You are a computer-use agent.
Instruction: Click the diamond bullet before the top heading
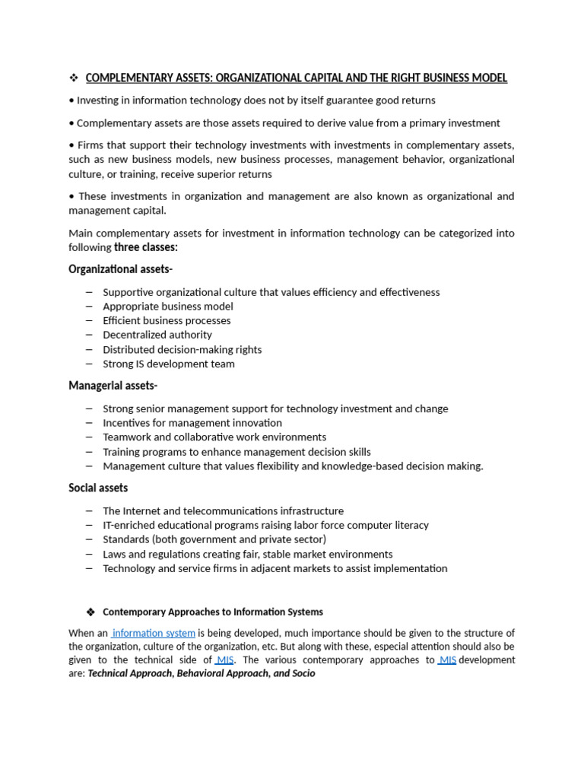(x=74, y=78)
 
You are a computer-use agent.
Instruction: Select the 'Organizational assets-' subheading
(x=120, y=269)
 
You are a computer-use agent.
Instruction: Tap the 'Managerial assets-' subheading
(x=113, y=386)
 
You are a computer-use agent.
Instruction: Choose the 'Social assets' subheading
(x=98, y=488)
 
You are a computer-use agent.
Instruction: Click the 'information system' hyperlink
(x=154, y=633)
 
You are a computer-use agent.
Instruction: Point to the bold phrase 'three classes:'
(x=146, y=247)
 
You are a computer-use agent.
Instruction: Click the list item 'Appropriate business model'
(x=168, y=307)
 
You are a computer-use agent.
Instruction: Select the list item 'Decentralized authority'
(x=157, y=335)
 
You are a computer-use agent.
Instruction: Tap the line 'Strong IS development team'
(x=169, y=364)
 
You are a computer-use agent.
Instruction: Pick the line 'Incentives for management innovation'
(x=192, y=423)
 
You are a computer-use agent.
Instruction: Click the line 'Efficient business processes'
(x=167, y=320)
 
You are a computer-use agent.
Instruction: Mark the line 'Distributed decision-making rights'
(x=182, y=350)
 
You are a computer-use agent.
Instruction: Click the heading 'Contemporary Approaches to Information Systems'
(x=213, y=612)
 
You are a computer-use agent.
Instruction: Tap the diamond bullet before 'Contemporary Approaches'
(x=90, y=612)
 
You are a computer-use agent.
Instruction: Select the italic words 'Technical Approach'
(x=130, y=674)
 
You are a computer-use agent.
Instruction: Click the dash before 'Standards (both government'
(x=90, y=539)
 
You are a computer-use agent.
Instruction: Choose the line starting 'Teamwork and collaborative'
(x=214, y=437)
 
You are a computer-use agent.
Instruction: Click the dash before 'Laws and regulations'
(x=90, y=554)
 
